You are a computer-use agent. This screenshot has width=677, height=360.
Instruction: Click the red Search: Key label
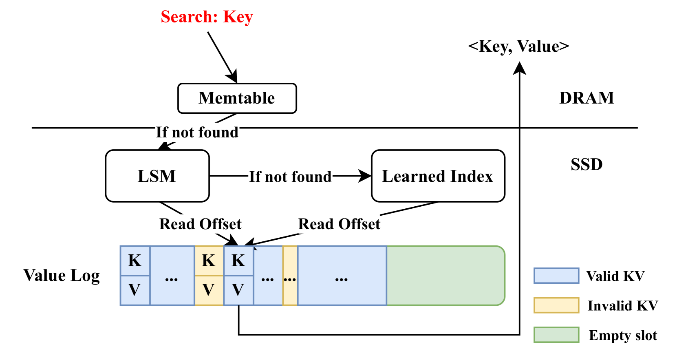coord(207,17)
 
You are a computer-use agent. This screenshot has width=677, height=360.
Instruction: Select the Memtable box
coord(237,98)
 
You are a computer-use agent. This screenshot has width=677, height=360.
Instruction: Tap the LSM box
coord(157,176)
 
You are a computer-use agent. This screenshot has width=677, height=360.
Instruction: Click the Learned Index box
coord(438,176)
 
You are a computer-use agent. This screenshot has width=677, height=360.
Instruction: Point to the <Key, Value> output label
coord(518,46)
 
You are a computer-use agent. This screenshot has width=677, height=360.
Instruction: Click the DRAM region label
coord(587,98)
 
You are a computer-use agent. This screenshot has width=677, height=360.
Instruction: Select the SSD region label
coord(587,164)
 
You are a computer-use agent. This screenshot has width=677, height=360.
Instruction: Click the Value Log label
coord(62,276)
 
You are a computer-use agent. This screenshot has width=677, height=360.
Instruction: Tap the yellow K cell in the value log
coord(209,261)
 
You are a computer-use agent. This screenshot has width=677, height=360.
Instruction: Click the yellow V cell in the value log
coord(209,290)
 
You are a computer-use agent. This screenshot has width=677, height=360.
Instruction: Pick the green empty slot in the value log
coord(445,276)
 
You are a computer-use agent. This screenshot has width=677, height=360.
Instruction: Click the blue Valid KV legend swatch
coord(556,276)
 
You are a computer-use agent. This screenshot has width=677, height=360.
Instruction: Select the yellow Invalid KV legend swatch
coord(556,305)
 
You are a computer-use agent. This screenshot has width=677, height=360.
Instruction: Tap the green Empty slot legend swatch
coord(556,335)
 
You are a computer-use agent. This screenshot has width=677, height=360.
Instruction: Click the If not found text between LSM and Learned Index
coord(290,177)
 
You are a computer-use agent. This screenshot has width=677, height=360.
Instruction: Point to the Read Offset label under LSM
coord(200,224)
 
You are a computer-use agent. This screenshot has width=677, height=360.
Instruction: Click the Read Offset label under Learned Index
coord(339,224)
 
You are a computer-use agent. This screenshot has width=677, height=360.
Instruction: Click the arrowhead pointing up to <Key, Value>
coord(519,68)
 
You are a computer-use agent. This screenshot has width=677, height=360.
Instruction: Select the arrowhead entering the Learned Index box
coord(364,176)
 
